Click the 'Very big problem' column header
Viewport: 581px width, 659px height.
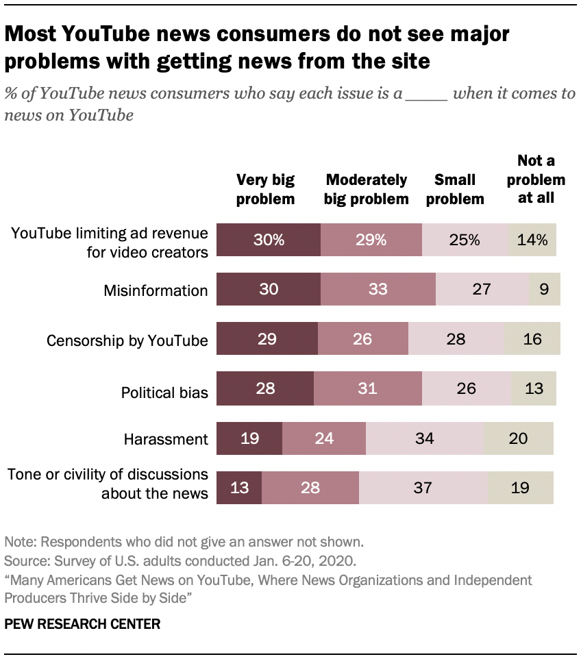(265, 189)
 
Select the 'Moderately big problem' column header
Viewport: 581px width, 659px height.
(367, 189)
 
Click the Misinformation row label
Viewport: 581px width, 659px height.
(156, 290)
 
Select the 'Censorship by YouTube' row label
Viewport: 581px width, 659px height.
(127, 340)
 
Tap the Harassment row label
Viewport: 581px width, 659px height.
(166, 439)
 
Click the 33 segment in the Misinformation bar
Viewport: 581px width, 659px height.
(378, 289)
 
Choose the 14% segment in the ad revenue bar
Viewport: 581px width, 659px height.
(532, 240)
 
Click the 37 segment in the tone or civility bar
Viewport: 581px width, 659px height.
(423, 487)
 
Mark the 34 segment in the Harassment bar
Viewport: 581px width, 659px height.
(424, 438)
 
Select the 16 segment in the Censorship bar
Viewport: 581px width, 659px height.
(532, 338)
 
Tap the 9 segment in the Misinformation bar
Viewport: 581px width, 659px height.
(545, 289)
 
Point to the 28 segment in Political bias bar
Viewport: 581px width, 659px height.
(265, 388)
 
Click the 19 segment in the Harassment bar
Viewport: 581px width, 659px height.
(249, 438)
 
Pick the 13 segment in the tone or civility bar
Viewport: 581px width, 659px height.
(239, 487)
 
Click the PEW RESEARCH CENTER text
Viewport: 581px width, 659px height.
(83, 624)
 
